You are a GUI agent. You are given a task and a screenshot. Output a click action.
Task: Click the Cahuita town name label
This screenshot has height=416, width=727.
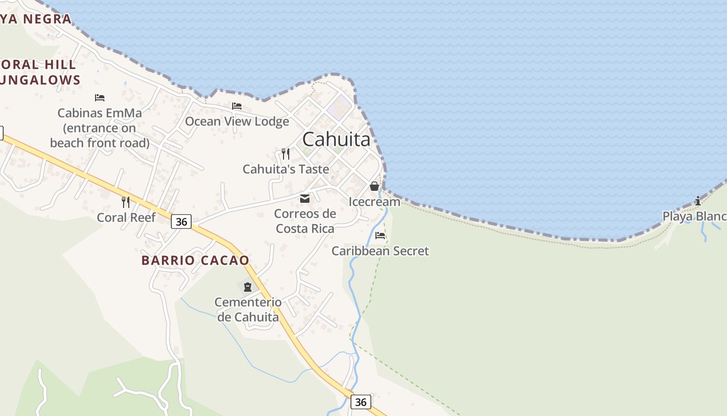(x=336, y=139)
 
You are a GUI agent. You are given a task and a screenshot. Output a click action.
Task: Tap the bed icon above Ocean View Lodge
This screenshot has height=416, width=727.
(x=237, y=106)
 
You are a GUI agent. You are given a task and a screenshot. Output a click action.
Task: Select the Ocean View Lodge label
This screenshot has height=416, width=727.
(x=237, y=121)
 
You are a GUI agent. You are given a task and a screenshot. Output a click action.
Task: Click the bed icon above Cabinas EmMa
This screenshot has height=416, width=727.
(x=100, y=98)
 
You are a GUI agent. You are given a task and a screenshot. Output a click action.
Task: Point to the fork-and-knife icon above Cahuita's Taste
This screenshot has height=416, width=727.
(x=285, y=153)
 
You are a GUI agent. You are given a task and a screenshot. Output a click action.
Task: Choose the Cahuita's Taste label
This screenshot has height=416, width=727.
(x=286, y=169)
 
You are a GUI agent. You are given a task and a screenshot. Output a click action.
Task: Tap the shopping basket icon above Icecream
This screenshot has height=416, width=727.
(x=374, y=186)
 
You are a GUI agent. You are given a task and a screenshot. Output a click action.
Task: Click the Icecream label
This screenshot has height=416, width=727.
(x=374, y=201)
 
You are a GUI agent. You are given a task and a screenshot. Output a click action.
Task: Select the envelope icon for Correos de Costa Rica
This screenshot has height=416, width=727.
(x=305, y=199)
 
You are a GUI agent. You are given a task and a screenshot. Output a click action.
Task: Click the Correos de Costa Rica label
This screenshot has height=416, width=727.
(x=305, y=221)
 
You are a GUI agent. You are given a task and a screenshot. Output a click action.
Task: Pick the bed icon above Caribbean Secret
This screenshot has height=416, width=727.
(x=380, y=236)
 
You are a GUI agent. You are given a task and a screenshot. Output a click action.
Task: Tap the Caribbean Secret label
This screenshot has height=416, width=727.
(x=380, y=251)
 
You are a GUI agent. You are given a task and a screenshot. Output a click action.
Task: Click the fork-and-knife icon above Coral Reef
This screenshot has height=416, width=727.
(x=126, y=202)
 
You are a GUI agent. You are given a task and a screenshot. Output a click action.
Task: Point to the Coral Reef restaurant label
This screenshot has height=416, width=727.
(x=126, y=217)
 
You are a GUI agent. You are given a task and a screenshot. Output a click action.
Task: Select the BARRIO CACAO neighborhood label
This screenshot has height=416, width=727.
(x=195, y=261)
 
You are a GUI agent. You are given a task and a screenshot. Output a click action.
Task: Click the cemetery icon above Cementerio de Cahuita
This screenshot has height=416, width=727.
(x=248, y=287)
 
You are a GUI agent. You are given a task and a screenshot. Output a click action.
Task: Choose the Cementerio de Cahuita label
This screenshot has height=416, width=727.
(x=248, y=309)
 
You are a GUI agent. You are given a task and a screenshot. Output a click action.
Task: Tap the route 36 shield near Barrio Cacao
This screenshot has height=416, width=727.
(x=181, y=222)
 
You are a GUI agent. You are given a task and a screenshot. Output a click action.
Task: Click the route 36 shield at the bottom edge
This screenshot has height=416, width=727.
(x=361, y=402)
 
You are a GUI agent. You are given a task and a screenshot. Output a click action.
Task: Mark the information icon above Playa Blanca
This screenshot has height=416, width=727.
(x=698, y=201)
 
